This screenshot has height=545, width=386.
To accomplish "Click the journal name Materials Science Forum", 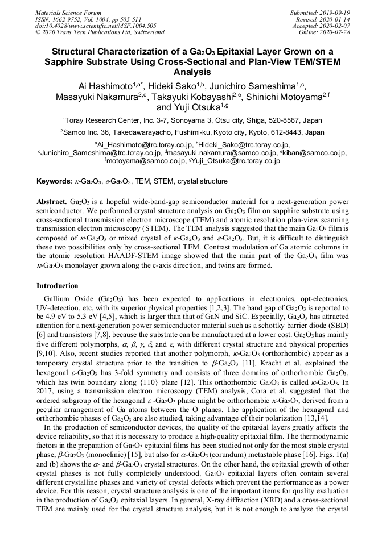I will [68, 12].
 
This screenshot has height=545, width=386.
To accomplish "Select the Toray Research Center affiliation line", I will [192, 120].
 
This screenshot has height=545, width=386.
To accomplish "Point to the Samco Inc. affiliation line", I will [192, 132].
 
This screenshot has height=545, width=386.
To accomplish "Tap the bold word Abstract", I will [52, 202].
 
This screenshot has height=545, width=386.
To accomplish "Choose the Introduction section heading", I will [58, 286].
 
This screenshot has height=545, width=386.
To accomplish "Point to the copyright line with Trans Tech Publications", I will [100, 32].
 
